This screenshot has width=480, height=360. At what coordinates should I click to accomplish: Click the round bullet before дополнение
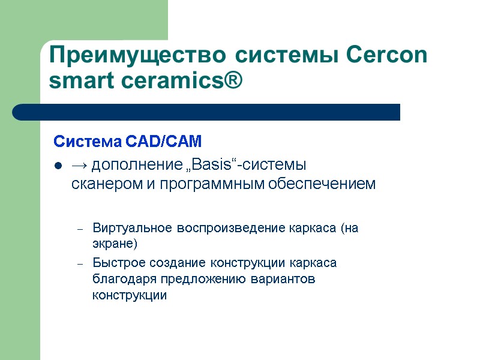click(x=58, y=165)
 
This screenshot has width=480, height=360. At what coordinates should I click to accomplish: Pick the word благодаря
click(x=119, y=279)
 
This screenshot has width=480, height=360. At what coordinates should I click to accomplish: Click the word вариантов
click(x=285, y=279)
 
